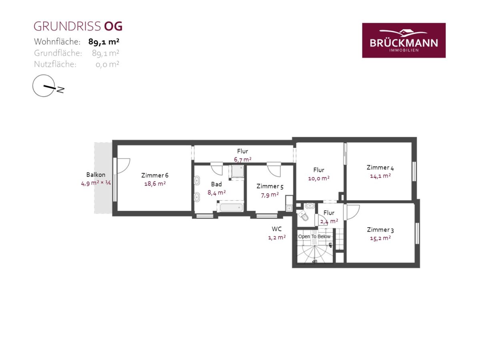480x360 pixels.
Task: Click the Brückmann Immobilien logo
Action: (404, 40)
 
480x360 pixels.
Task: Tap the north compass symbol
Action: (48, 86)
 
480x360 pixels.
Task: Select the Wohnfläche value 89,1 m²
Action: (104, 42)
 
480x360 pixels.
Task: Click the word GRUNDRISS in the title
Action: (67, 26)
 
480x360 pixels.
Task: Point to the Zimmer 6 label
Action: (155, 175)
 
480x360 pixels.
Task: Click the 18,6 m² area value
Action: (155, 183)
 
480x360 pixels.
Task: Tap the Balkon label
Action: (96, 175)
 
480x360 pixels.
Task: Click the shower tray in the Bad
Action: (238, 171)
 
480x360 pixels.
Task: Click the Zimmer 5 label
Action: (270, 186)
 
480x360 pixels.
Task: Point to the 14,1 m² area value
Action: (380, 176)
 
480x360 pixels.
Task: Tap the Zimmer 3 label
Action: (380, 230)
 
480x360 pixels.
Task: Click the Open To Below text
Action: (314, 236)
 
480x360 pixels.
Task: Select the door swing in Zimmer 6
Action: (124, 166)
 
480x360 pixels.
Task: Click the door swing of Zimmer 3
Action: (352, 212)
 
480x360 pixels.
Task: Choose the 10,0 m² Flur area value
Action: (319, 178)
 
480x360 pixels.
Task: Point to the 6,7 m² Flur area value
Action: (242, 159)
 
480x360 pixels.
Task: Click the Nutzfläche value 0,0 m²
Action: (107, 64)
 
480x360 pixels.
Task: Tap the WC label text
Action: (277, 229)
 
